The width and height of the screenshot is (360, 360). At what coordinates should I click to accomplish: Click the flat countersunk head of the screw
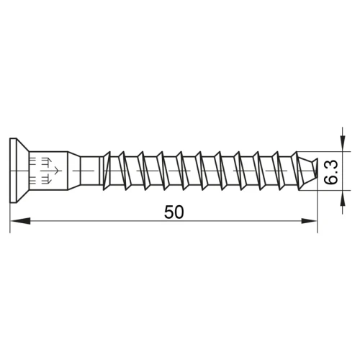(x=14, y=173)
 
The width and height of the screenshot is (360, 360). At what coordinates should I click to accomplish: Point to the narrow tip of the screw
(x=311, y=173)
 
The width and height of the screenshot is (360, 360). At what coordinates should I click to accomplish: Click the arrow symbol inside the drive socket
(x=48, y=173)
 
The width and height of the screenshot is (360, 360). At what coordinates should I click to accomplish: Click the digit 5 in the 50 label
(x=168, y=212)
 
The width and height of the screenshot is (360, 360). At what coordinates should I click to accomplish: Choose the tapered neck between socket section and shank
(x=74, y=173)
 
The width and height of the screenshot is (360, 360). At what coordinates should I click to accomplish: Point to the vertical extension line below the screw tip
(x=318, y=209)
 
